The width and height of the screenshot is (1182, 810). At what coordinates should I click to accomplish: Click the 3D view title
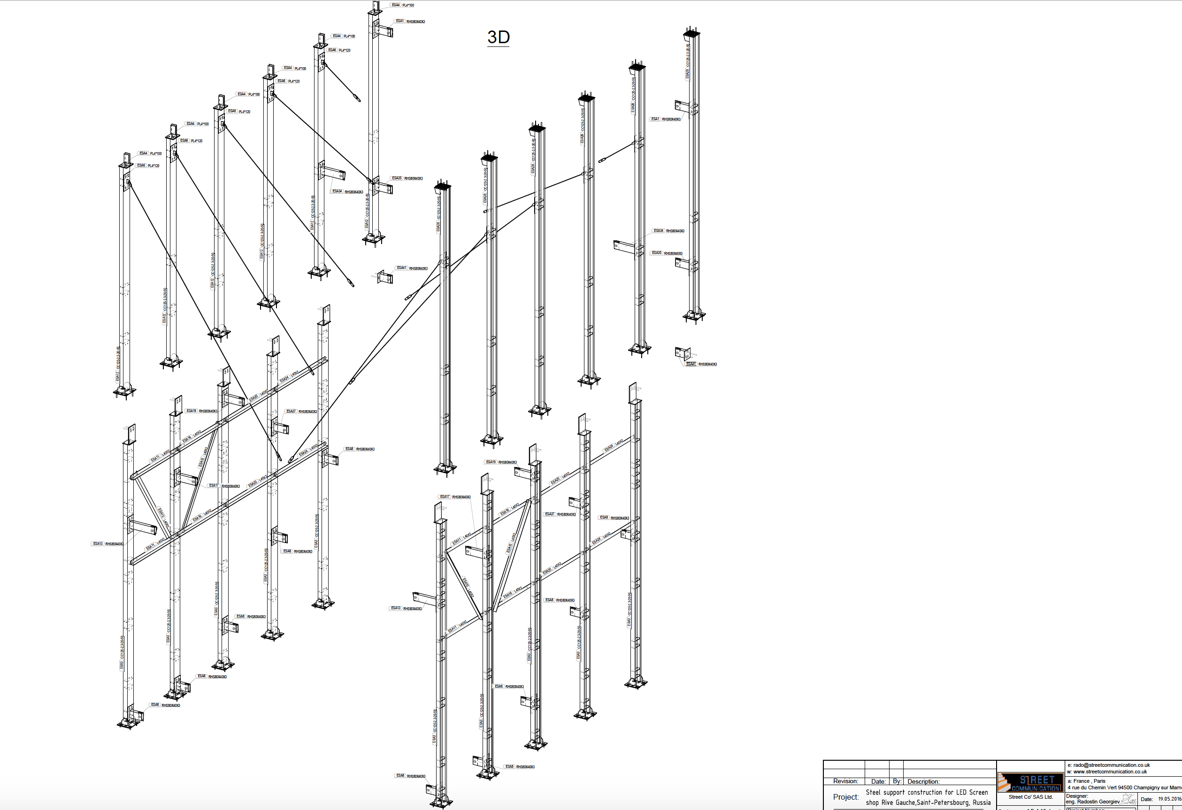[499, 37]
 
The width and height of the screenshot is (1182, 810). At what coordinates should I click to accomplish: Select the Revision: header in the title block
[845, 781]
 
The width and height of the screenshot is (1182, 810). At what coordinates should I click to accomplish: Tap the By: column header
[897, 781]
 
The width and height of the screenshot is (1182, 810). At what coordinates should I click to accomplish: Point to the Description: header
[923, 781]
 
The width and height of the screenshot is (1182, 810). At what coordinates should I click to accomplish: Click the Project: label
[845, 797]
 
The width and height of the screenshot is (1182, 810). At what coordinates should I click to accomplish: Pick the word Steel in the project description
[873, 792]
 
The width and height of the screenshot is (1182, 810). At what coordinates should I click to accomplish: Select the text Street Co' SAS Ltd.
[1030, 797]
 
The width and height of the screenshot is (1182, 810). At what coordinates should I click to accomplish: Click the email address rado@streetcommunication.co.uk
[1111, 765]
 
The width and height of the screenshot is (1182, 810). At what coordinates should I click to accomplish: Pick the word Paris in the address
[1099, 781]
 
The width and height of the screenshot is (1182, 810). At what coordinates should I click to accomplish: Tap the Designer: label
[1077, 796]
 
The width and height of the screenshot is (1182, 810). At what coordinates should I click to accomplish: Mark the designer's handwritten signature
[1128, 800]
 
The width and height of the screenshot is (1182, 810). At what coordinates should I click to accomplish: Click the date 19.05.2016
[1169, 799]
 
